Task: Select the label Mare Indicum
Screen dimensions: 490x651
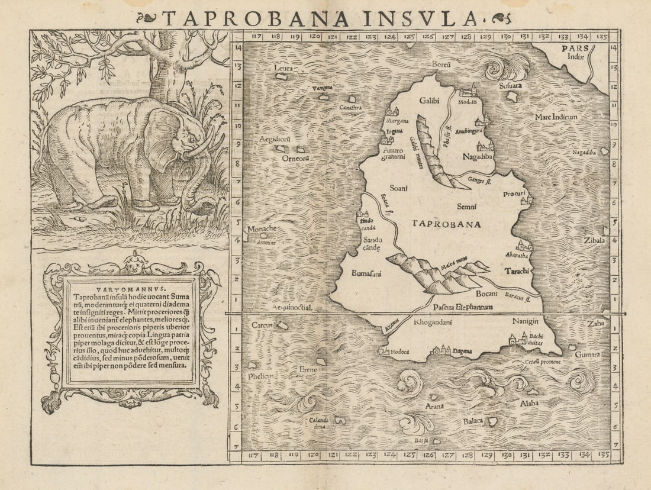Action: click(x=556, y=117)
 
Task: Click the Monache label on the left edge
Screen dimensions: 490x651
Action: click(x=260, y=229)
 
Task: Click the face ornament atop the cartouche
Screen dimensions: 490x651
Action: click(x=138, y=260)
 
